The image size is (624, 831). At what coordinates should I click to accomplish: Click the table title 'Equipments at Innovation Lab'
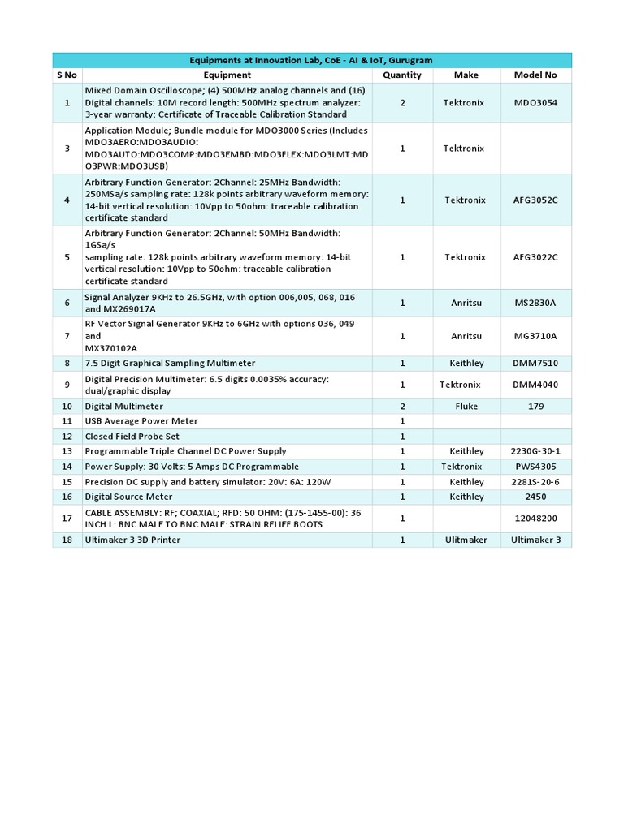point(311,60)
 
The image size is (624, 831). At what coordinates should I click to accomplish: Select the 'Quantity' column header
point(402,75)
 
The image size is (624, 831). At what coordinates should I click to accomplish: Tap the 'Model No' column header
point(535,75)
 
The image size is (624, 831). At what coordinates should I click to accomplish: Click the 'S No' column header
point(67,75)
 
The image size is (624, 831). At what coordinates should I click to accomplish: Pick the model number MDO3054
point(535,103)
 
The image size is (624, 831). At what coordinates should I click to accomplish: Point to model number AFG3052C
point(535,200)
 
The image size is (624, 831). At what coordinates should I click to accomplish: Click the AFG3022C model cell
point(535,257)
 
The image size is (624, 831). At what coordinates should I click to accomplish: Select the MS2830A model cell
point(535,304)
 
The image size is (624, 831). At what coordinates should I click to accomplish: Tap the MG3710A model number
point(535,335)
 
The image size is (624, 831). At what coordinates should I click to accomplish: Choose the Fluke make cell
point(466,406)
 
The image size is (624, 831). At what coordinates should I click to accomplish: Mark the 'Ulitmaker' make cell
point(466,540)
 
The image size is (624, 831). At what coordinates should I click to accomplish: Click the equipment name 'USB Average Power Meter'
point(141,421)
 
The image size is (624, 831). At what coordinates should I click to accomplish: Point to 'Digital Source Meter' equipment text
point(128,496)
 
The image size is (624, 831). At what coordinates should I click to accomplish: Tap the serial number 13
point(67,451)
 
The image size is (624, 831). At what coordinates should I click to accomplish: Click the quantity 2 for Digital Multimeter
point(402,406)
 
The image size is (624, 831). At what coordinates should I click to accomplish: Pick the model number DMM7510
point(535,363)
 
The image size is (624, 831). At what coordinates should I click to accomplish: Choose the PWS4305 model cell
point(535,467)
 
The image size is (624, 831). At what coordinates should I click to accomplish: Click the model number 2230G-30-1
point(535,451)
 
